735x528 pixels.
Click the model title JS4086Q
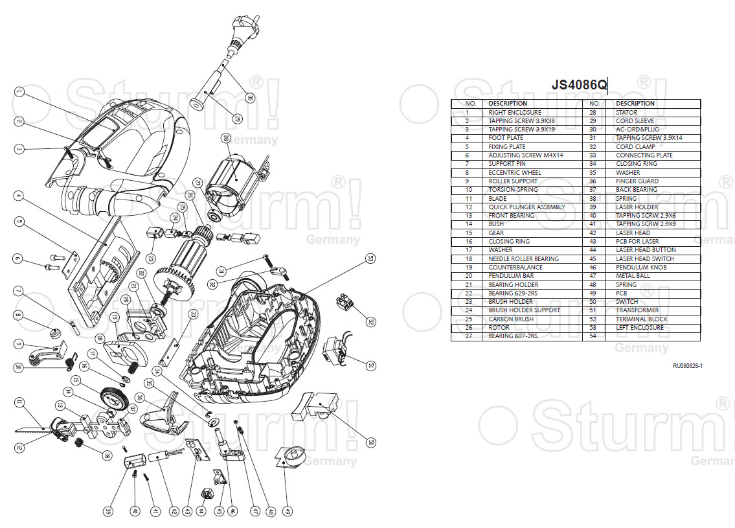click(x=579, y=85)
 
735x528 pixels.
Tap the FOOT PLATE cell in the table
click(x=506, y=138)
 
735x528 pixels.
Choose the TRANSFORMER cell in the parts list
click(x=637, y=310)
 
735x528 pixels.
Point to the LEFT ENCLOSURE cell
click(x=639, y=327)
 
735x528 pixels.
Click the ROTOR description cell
click(x=499, y=327)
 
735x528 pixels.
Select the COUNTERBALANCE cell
click(x=515, y=267)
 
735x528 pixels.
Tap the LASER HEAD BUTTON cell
click(x=646, y=250)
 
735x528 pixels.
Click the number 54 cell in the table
click(x=592, y=336)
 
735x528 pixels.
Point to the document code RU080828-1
click(x=687, y=366)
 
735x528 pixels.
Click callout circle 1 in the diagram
click(x=19, y=92)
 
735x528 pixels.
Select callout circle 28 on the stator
click(x=225, y=138)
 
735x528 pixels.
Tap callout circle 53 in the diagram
click(x=370, y=258)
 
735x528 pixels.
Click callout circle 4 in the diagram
click(x=19, y=194)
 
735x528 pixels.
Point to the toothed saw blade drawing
click(x=29, y=430)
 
